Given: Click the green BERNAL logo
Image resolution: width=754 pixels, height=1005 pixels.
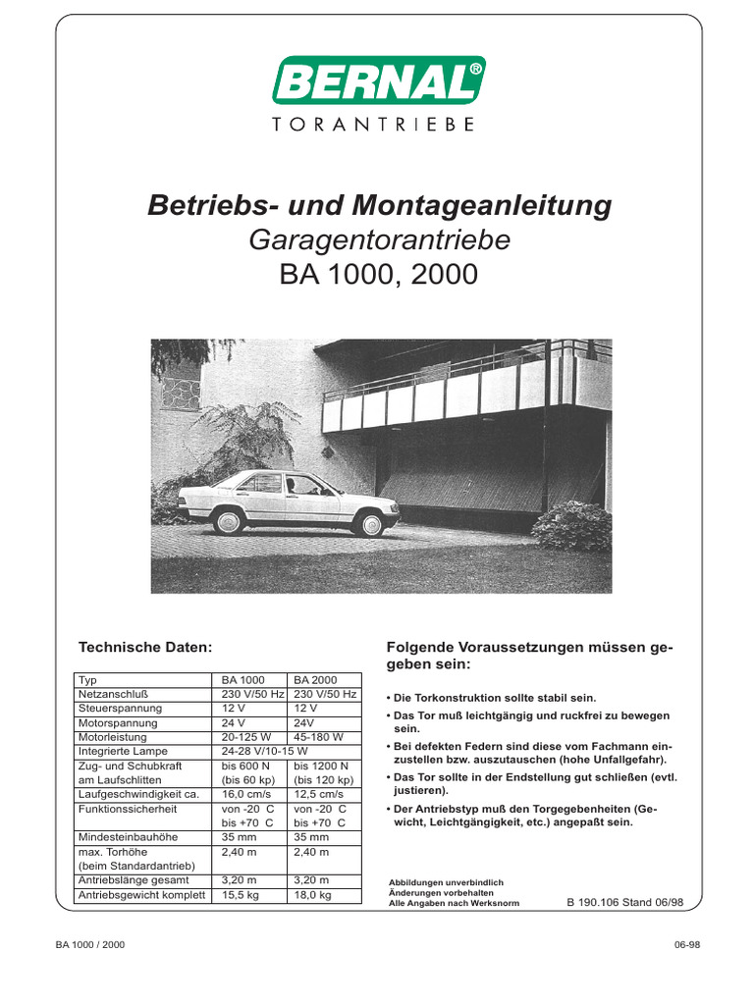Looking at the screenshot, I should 378,81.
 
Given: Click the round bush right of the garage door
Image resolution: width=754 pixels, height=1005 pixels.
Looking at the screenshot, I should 570,526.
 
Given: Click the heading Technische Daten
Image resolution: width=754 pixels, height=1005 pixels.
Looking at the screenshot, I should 145,647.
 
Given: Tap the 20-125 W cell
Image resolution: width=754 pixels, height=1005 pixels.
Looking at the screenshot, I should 246,736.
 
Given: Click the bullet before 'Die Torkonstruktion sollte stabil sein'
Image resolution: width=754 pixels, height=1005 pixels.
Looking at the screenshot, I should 391,697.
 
